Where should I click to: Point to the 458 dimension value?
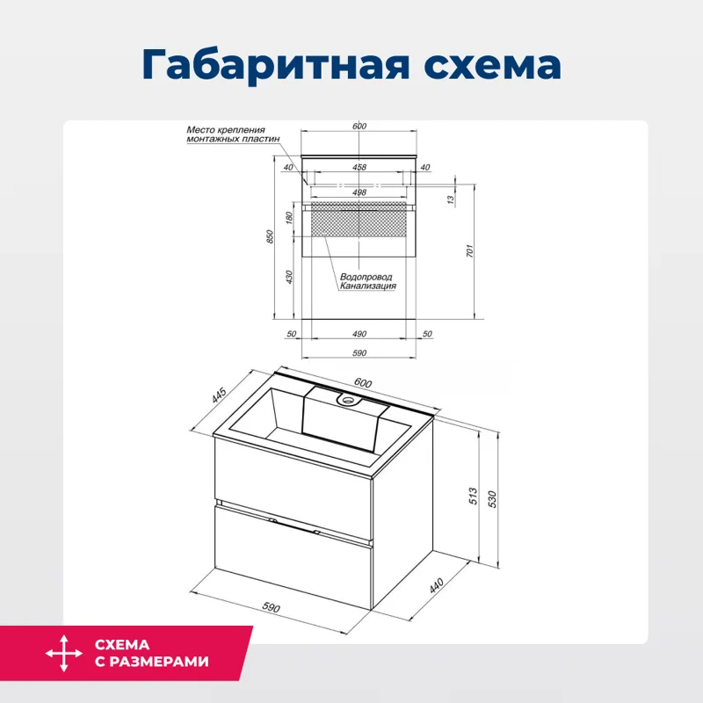click(359, 167)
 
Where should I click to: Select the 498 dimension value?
click(359, 192)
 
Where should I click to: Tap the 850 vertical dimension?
click(272, 236)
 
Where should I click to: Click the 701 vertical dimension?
click(470, 251)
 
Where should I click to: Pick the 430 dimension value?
click(290, 276)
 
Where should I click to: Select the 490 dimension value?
click(359, 334)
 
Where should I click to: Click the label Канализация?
click(368, 286)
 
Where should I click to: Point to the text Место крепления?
click(226, 130)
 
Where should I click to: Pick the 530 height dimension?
click(494, 497)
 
